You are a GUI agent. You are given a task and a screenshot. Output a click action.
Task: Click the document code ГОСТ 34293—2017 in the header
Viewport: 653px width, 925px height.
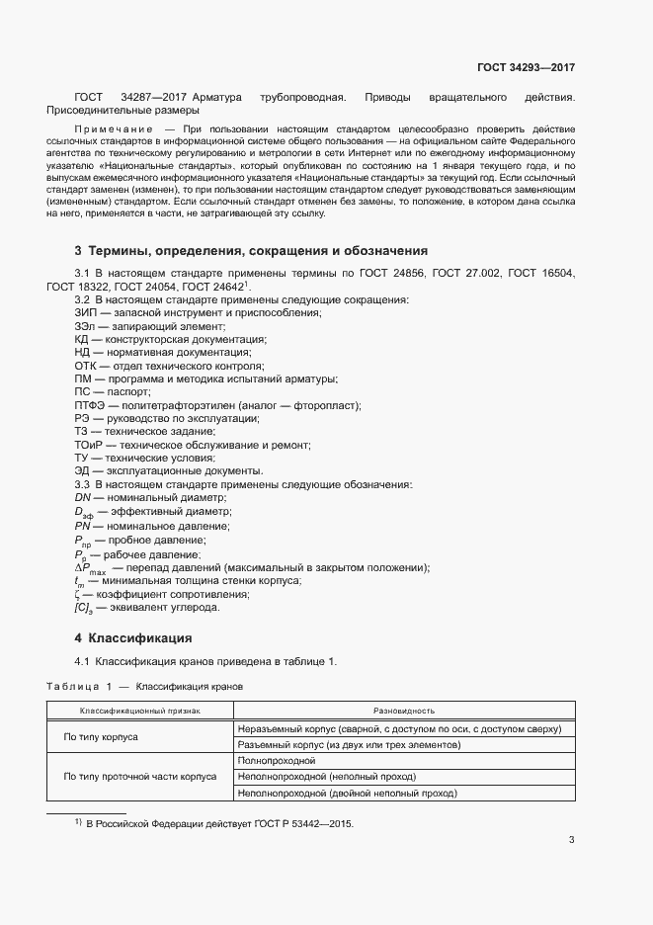pyautogui.click(x=526, y=68)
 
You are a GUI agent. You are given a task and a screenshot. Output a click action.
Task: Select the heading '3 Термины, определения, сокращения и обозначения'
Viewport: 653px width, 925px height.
pyautogui.click(x=251, y=251)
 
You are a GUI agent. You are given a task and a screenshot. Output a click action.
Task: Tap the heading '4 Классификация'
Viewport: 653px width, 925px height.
pyautogui.click(x=133, y=637)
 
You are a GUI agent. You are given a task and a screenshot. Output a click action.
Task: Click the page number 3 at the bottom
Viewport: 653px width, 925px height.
pyautogui.click(x=572, y=840)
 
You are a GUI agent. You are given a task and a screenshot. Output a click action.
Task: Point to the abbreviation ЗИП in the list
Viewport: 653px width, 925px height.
pyautogui.click(x=85, y=312)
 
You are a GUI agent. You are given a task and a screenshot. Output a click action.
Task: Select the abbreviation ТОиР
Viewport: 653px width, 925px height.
pyautogui.click(x=88, y=445)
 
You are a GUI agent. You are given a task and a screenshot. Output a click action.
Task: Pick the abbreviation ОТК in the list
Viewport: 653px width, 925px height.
pyautogui.click(x=85, y=366)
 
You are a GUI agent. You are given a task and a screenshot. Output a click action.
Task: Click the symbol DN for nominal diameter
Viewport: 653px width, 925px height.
pyautogui.click(x=83, y=499)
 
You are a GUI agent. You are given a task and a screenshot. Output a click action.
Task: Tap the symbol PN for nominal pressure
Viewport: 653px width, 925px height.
pyautogui.click(x=83, y=527)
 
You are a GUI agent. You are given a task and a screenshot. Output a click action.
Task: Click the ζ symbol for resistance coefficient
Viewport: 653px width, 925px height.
pyautogui.click(x=77, y=594)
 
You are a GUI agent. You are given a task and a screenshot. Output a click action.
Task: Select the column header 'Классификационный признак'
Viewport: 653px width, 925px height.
pyautogui.click(x=139, y=711)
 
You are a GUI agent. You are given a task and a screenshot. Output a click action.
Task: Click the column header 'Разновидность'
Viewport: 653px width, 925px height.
pyautogui.click(x=404, y=711)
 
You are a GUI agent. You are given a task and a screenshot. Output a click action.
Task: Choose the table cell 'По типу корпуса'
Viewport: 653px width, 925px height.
pyautogui.click(x=101, y=736)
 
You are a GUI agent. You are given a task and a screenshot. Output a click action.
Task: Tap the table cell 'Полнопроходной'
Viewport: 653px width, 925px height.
pyautogui.click(x=277, y=760)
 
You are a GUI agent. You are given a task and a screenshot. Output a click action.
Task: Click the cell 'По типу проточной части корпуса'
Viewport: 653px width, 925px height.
pyautogui.click(x=139, y=777)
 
